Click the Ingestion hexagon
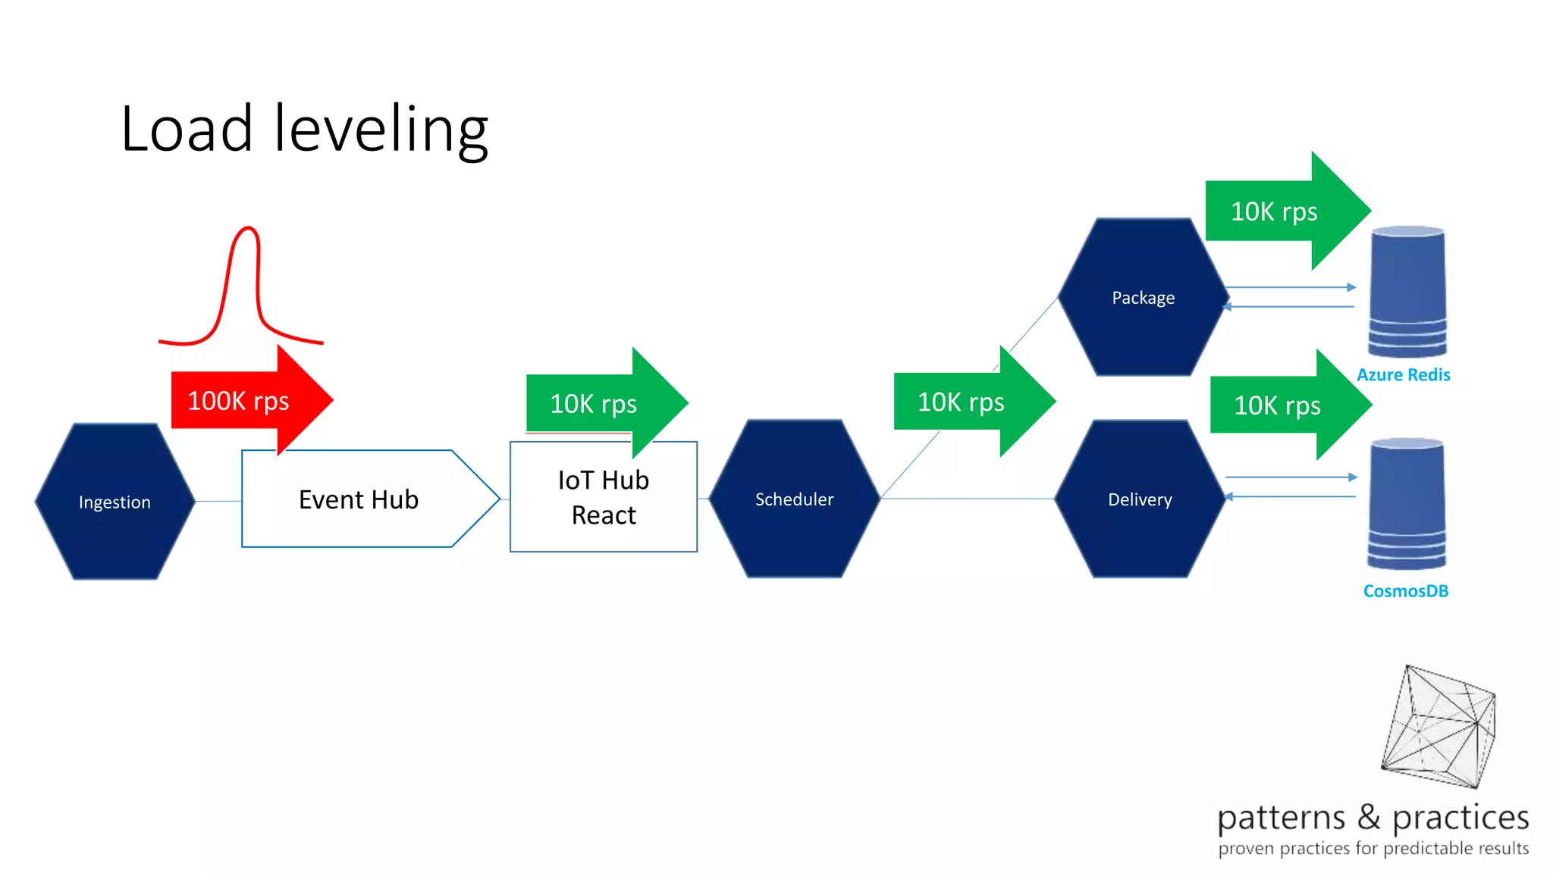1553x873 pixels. point(115,502)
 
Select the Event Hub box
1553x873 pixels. point(359,499)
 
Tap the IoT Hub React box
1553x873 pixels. point(604,498)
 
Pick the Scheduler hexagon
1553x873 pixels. point(794,499)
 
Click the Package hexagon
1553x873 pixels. point(1143,298)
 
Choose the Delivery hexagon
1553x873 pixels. point(1140,499)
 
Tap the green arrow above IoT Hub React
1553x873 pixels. point(599,403)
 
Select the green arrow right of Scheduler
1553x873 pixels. point(967,402)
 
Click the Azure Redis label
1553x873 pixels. point(1403,374)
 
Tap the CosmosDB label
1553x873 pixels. point(1405,590)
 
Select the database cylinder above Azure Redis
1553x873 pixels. point(1407,292)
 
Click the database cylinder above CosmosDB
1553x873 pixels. point(1407,504)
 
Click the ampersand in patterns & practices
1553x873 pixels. point(1369,817)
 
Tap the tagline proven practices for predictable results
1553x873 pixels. point(1373,848)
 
